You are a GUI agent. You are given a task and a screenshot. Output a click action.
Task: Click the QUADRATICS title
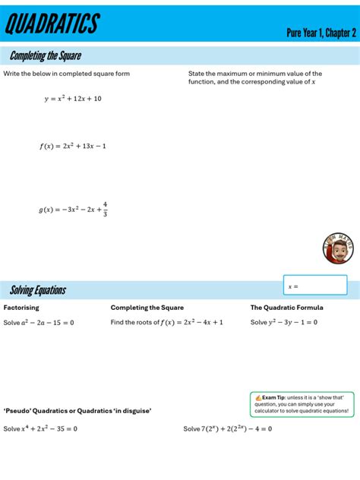tap(52, 24)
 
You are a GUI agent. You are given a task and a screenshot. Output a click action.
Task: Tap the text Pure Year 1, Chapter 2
tap(321, 33)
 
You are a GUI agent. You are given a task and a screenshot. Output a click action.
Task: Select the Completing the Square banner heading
tap(46, 56)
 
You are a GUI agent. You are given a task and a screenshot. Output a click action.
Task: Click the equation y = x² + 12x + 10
tap(73, 99)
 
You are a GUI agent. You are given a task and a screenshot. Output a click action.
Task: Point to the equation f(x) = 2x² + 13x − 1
tap(73, 146)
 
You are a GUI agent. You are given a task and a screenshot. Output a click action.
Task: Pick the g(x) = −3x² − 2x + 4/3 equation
tap(74, 209)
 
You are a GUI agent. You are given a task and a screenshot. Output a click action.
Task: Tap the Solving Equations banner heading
tap(38, 290)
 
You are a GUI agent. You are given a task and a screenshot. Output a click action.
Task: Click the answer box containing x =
tap(314, 286)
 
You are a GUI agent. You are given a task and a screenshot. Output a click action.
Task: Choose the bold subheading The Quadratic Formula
tap(286, 308)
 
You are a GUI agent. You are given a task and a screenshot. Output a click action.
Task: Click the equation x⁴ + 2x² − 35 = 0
tap(49, 428)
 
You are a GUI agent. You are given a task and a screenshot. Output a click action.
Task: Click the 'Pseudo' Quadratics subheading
tap(77, 411)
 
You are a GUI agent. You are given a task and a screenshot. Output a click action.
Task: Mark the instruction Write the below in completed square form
tap(67, 74)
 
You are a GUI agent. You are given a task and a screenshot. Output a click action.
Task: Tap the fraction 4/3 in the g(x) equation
tap(105, 208)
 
